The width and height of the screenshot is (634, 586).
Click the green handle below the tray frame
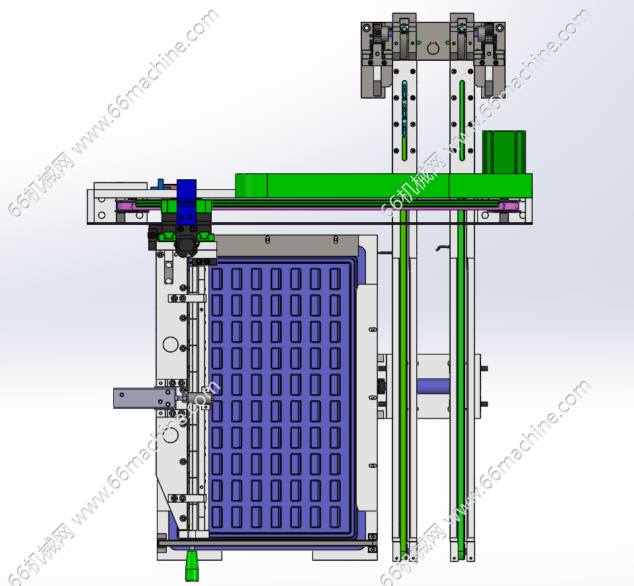point(192,565)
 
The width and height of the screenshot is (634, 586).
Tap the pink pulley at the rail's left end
point(125,206)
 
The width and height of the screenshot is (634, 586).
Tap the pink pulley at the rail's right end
point(509,206)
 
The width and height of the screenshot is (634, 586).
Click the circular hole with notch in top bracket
point(433,48)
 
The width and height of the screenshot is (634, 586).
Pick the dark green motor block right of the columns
point(504,152)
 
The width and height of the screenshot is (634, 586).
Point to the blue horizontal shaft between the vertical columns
point(433,386)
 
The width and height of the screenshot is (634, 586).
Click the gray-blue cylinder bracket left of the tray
point(144,398)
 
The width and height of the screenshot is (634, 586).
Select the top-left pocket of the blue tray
point(217,279)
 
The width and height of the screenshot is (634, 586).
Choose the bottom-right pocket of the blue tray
point(335,517)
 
